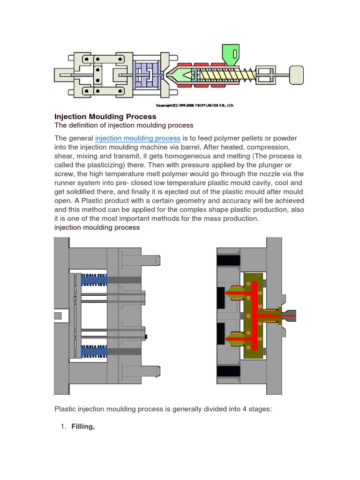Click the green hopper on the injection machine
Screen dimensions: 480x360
(230, 53)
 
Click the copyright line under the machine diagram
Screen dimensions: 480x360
(194, 105)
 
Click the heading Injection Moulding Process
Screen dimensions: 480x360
(105, 116)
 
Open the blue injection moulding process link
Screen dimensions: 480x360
(137, 138)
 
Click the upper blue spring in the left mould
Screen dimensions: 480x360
(94, 280)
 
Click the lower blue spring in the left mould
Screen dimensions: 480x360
(94, 351)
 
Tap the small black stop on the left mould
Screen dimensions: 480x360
(147, 336)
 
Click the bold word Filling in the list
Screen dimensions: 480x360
(83, 426)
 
